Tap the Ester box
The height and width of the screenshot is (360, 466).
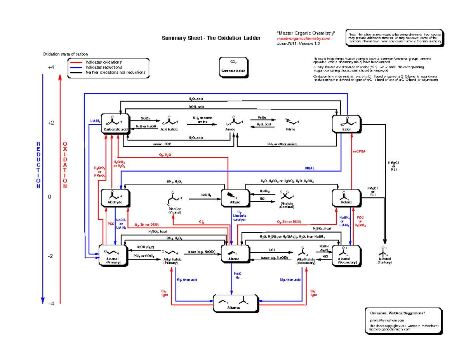tap(346, 123)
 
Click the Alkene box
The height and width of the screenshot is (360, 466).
tap(234, 254)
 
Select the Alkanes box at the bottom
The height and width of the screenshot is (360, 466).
tap(234, 303)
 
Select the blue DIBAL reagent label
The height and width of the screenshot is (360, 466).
tap(310, 168)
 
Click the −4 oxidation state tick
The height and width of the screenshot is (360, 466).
tap(51, 303)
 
